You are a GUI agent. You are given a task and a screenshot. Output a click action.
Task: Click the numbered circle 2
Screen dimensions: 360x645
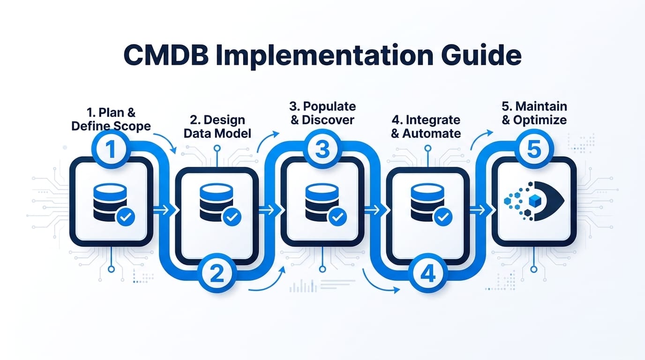click(x=217, y=274)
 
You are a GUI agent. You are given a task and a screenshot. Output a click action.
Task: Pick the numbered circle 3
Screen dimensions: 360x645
click(x=322, y=150)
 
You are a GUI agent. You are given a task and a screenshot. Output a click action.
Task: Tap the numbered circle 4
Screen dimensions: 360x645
click(x=427, y=274)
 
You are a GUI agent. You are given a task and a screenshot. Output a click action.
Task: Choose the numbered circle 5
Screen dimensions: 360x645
click(x=534, y=150)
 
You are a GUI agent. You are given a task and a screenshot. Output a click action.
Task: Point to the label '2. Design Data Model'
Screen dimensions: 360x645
click(x=217, y=126)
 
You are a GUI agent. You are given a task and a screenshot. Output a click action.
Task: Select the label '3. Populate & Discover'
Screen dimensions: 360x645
click(x=322, y=112)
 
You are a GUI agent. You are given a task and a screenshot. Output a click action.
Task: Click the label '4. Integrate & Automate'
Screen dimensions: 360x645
click(x=426, y=126)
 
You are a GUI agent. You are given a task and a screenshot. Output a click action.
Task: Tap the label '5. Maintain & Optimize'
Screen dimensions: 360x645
click(x=534, y=112)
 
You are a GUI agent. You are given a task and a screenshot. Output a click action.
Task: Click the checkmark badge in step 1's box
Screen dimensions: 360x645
click(x=126, y=217)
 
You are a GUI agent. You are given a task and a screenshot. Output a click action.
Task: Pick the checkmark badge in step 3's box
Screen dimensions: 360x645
click(x=337, y=217)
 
